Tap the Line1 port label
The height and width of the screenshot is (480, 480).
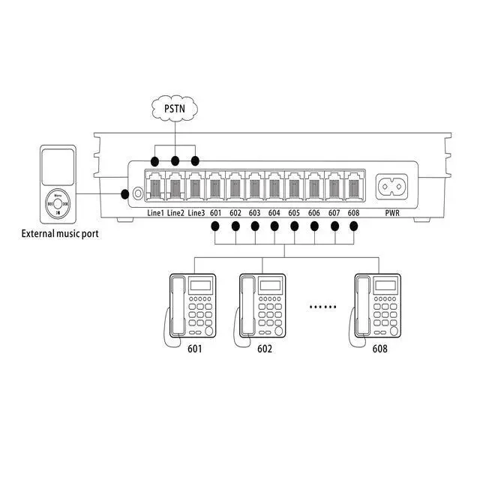154,213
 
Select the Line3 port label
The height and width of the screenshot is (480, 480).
196,213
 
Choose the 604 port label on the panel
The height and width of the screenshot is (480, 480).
274,213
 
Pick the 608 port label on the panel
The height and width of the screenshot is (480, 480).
353,213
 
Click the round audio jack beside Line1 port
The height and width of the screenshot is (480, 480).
137,193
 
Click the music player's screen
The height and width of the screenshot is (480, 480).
58,167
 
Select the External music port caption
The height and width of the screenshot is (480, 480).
59,234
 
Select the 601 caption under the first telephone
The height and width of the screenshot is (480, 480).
194,349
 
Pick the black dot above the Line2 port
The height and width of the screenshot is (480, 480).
175,161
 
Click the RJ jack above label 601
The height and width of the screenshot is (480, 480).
216,185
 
